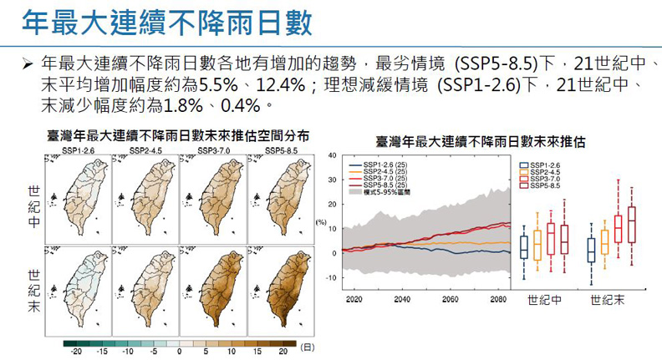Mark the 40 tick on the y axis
point(333,156)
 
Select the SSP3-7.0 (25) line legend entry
point(380,177)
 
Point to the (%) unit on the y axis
point(321,222)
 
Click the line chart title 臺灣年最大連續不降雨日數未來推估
point(480,142)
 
